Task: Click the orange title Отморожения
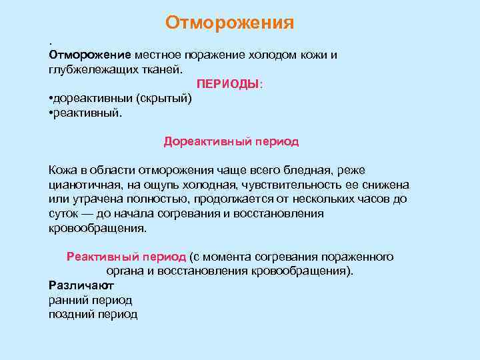point(230,23)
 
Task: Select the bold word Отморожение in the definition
point(90,55)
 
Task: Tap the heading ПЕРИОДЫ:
point(230,84)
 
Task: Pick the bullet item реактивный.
point(87,113)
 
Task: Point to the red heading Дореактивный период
point(231,141)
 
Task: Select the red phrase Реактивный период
point(126,257)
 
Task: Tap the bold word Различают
point(77,285)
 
